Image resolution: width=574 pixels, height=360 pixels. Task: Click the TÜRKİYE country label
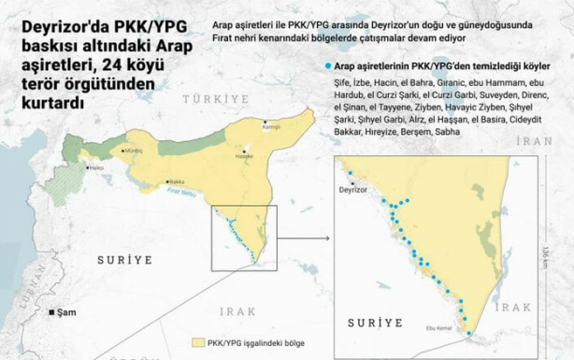click(x=216, y=98)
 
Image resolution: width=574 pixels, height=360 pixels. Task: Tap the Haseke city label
click(x=244, y=155)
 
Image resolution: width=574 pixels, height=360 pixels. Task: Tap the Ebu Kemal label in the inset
click(x=438, y=327)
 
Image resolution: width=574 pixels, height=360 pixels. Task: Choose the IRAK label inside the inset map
click(x=512, y=307)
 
